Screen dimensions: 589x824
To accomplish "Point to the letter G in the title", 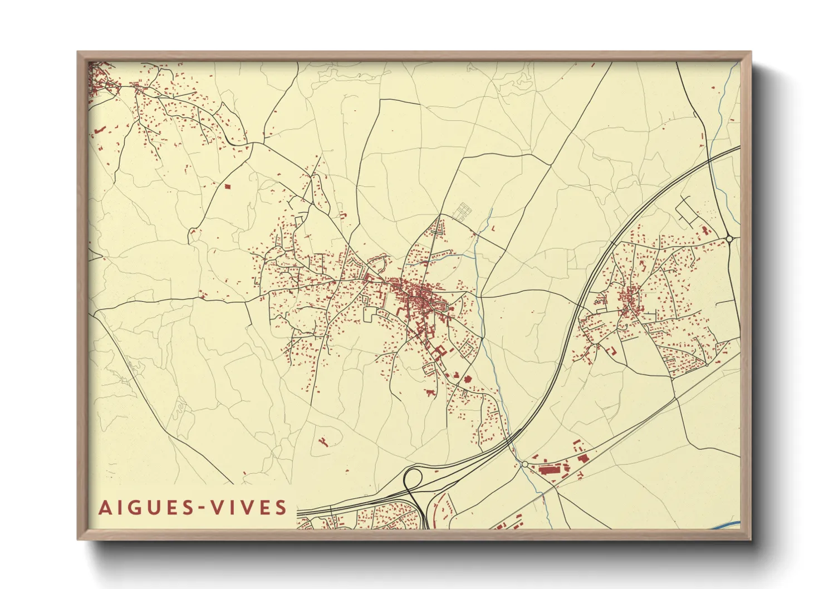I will (132, 508).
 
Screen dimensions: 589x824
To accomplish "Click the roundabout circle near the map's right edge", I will (729, 239).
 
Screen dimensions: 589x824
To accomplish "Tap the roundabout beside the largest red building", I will (524, 464).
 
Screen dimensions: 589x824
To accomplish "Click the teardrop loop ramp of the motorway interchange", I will (413, 478).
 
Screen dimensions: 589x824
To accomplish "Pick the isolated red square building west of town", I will (227, 186).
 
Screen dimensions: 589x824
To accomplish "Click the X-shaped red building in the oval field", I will (322, 442).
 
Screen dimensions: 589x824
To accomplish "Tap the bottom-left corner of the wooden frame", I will (79, 539).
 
